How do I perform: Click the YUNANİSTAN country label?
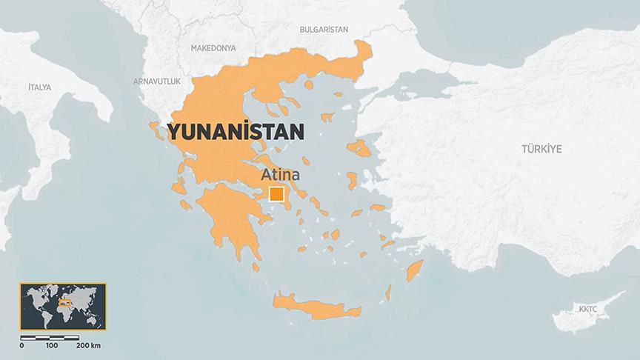click(x=236, y=132)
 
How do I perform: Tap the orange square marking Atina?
click(x=276, y=195)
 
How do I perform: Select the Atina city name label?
click(x=279, y=176)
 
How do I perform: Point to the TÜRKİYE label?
click(x=541, y=149)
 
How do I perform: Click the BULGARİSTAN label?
click(x=324, y=29)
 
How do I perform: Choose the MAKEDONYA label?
click(x=213, y=47)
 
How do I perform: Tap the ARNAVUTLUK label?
click(x=157, y=80)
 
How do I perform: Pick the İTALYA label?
click(x=39, y=87)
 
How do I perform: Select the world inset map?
click(x=63, y=307)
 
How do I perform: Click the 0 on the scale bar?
click(x=22, y=346)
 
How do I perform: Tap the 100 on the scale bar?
click(x=52, y=346)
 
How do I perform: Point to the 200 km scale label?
click(x=89, y=346)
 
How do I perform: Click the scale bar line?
click(x=50, y=338)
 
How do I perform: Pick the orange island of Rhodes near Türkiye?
click(x=414, y=272)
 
